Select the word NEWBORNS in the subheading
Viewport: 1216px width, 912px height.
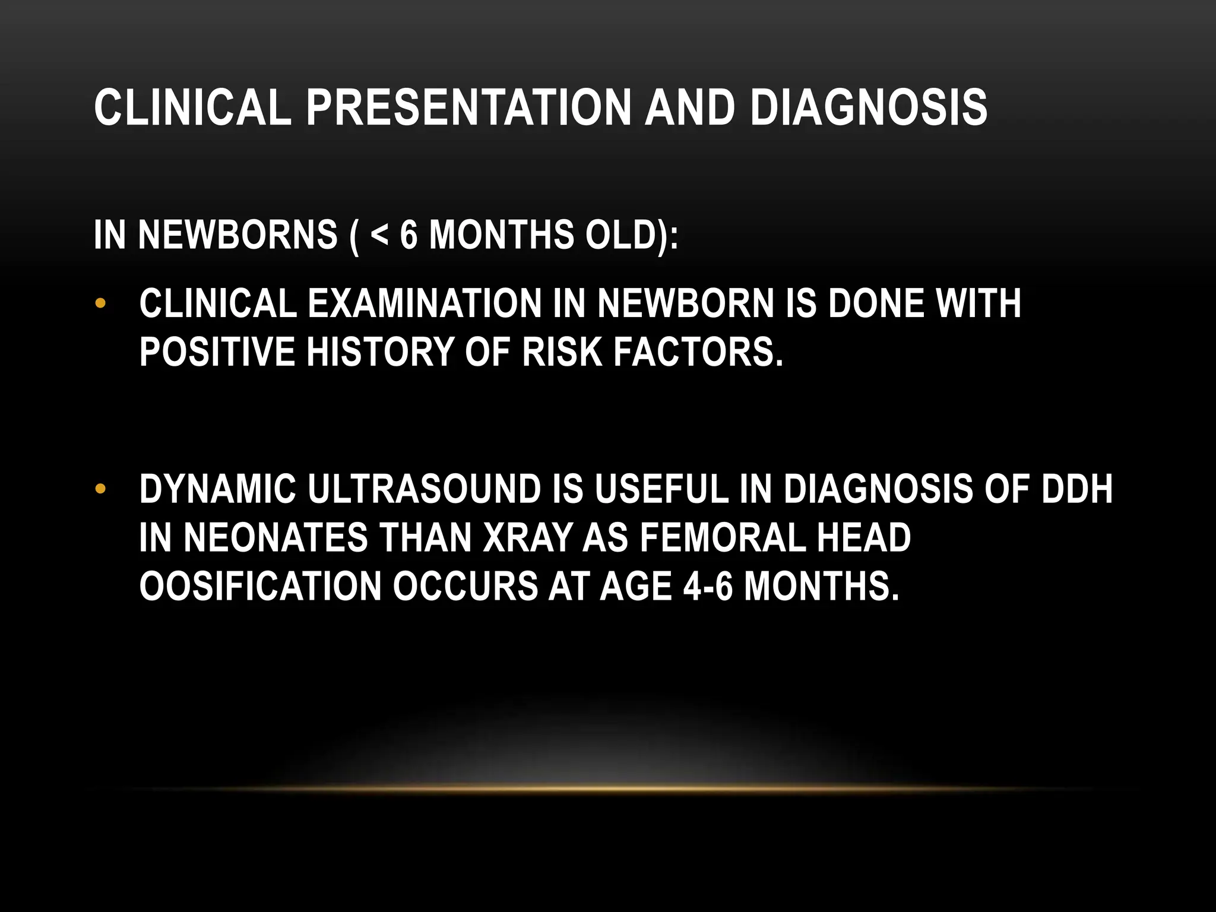(x=237, y=235)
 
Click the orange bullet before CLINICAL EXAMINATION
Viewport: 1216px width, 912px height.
(x=100, y=303)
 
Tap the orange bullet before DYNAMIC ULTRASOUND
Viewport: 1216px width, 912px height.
(x=100, y=489)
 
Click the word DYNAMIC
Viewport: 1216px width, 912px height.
(x=217, y=489)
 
